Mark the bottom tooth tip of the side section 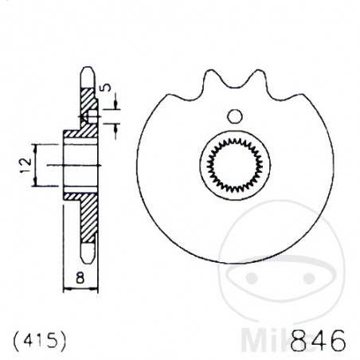point(88,258)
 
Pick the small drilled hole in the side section point(90,119)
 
